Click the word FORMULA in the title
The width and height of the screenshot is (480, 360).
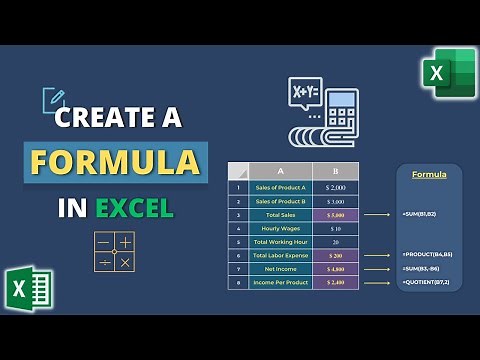tap(117, 162)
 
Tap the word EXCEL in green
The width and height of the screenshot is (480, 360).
tap(134, 208)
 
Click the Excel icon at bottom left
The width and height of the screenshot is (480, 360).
tap(28, 288)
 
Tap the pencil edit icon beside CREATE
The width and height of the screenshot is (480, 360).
tap(54, 100)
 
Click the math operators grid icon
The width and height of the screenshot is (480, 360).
tap(113, 251)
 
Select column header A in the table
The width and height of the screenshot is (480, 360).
tap(279, 170)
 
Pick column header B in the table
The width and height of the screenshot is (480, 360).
tap(333, 170)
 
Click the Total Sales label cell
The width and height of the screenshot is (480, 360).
tap(279, 214)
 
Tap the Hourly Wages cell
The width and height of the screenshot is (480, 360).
tap(279, 228)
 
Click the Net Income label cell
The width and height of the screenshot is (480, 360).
tap(279, 269)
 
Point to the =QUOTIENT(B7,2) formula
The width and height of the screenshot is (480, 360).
tap(428, 283)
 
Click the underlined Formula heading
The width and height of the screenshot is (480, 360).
tap(429, 175)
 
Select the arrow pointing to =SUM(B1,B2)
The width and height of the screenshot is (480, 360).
tap(376, 214)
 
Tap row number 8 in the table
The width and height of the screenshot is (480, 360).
tap(237, 283)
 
